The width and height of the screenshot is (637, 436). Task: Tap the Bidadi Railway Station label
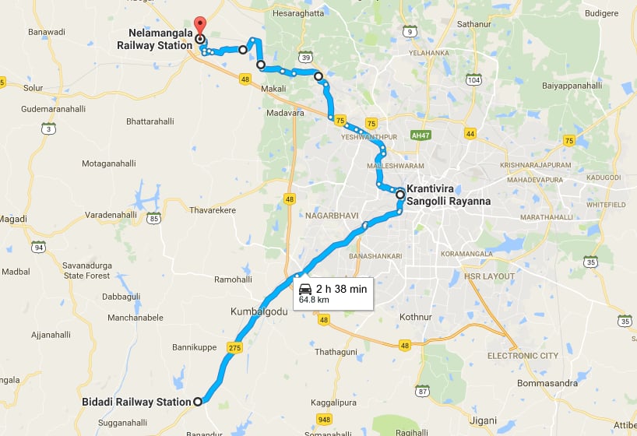[136, 402]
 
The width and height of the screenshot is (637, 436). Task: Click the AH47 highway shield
[421, 135]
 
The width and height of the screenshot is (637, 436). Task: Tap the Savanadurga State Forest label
[86, 270]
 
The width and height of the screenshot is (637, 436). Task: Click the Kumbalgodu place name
[259, 311]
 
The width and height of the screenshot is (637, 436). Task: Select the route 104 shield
[473, 79]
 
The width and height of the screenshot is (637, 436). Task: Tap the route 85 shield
[154, 218]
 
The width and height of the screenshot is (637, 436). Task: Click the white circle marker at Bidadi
[197, 402]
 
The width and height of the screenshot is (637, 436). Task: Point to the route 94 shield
[37, 247]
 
